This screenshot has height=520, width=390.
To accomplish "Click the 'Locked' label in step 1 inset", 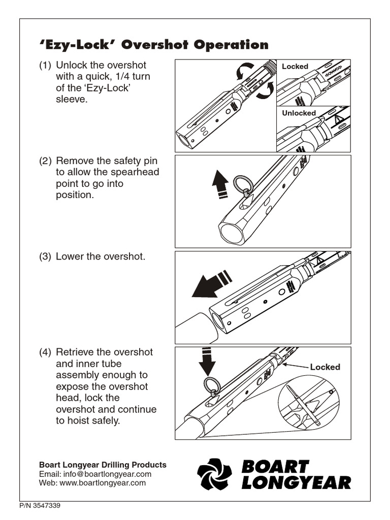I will click(x=295, y=67).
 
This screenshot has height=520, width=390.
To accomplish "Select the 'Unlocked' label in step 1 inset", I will click(x=299, y=113).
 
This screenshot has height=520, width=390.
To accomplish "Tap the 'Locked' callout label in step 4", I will click(x=325, y=367).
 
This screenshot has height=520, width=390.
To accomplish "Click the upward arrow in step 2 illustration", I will click(x=220, y=186).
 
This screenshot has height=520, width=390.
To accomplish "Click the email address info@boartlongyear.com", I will click(x=108, y=474).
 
